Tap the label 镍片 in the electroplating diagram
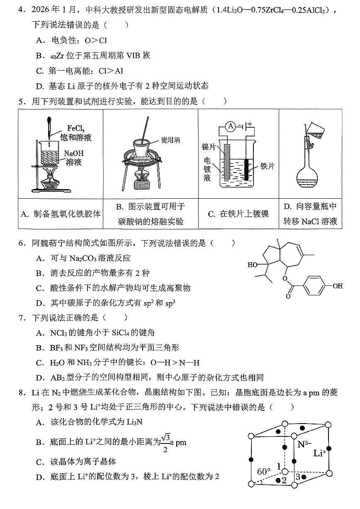(x=209, y=147)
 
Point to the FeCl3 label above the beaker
(x=79, y=128)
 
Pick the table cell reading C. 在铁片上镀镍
(x=238, y=214)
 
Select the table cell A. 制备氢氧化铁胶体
(x=61, y=214)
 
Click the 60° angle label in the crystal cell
(x=264, y=472)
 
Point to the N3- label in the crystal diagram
(x=306, y=444)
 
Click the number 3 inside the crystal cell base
(x=297, y=477)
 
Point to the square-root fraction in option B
(x=166, y=442)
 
